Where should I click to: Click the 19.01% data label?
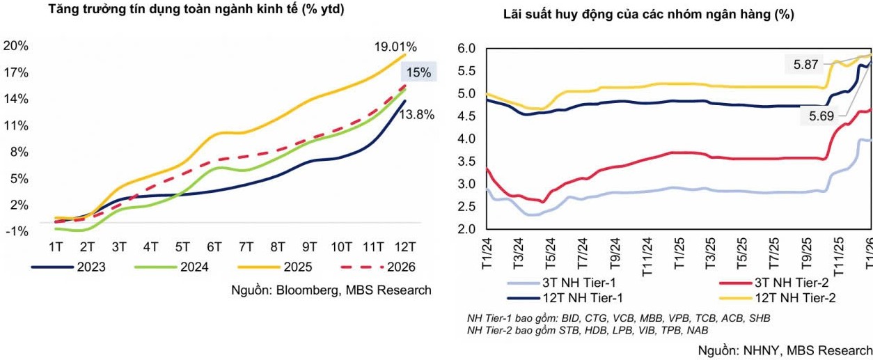pos(395,47)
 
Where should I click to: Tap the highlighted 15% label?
pos(418,72)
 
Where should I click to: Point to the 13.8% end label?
pos(417,115)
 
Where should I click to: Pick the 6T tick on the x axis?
pos(214,246)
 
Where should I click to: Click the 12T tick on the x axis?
pos(405,246)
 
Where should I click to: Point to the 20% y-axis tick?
pos(16,46)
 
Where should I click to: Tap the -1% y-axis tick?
pos(16,231)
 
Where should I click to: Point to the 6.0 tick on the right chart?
pos(466,49)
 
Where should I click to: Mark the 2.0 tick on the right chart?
pos(466,229)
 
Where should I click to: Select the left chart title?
pos(196,10)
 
